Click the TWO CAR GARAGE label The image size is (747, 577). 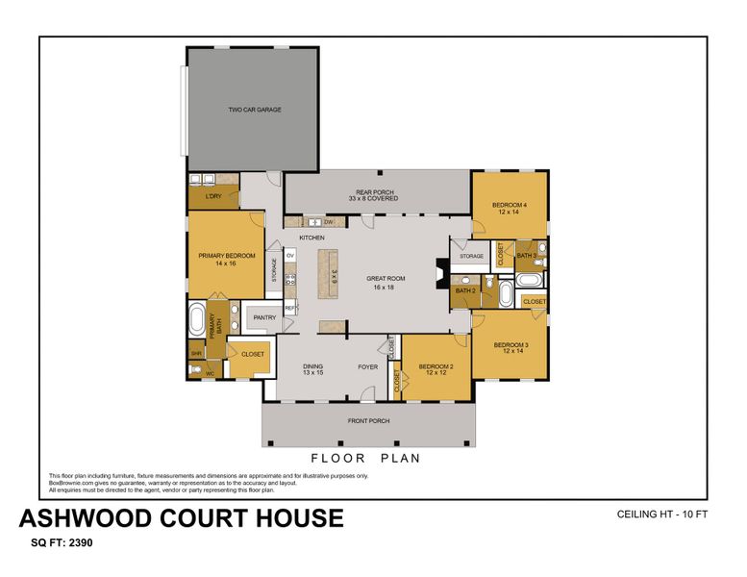[255, 110]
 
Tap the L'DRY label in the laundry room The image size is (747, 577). [213, 196]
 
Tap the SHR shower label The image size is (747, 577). [196, 354]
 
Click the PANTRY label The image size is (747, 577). [263, 317]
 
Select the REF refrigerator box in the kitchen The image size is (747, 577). [289, 308]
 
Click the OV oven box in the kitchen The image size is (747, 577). [289, 256]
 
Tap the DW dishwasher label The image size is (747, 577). [328, 222]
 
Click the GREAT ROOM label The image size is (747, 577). [386, 282]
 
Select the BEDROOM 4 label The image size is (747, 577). [509, 208]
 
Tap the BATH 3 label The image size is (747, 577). [527, 255]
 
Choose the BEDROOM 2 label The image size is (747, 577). [436, 369]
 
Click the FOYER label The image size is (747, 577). [368, 366]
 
